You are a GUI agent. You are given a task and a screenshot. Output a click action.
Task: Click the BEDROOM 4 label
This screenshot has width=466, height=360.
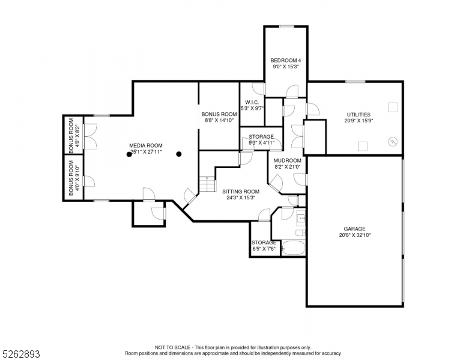[x=286, y=60]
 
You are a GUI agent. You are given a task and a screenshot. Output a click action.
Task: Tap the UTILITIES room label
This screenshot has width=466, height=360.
[x=359, y=114]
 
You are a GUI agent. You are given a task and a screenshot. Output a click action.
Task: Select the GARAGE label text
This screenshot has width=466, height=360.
[x=354, y=229]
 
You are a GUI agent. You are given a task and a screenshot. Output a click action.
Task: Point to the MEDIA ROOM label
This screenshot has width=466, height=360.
[x=146, y=145]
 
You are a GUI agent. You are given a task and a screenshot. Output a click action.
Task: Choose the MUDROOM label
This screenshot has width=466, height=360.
[x=287, y=160]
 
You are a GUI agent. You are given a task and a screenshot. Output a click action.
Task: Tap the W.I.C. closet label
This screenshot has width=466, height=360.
[x=252, y=102]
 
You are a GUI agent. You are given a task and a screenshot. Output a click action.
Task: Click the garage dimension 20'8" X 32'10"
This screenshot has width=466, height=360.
[x=354, y=235]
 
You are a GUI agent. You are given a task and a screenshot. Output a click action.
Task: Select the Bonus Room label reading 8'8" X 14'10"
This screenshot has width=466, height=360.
[x=219, y=120]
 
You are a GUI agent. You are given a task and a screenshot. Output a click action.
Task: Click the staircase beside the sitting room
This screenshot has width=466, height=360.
[x=207, y=184]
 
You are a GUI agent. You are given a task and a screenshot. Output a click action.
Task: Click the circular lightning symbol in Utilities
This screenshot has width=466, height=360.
[x=393, y=142]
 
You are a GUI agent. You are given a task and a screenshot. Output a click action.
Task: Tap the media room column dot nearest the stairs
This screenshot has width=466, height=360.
[x=178, y=154]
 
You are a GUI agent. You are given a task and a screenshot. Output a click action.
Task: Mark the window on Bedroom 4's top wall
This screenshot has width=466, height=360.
[x=286, y=26]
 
